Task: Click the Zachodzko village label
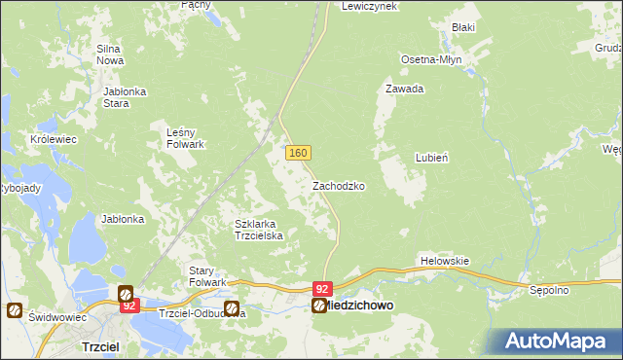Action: click(x=338, y=185)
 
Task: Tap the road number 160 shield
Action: click(x=298, y=154)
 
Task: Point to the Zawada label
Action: click(x=403, y=89)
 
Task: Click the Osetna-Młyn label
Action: click(x=431, y=59)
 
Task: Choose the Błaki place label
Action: click(x=462, y=27)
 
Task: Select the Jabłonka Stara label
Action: click(x=125, y=97)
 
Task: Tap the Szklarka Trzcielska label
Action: click(x=259, y=229)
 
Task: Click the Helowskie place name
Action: click(x=445, y=261)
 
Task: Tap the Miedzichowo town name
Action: click(x=360, y=306)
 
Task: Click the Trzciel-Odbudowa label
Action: click(x=189, y=313)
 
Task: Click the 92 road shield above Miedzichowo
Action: click(x=323, y=289)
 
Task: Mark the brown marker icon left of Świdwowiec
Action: click(x=15, y=310)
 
